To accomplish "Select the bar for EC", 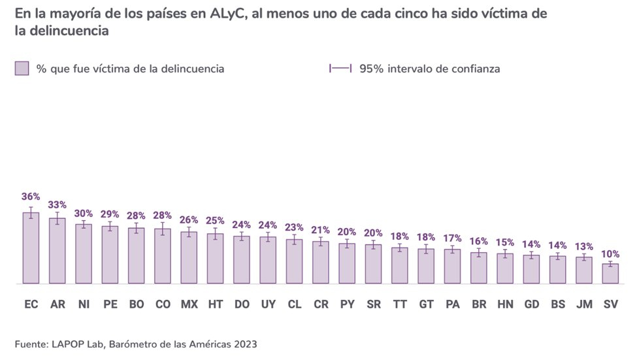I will [31, 248].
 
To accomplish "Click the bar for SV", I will [610, 274].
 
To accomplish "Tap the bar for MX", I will [189, 258].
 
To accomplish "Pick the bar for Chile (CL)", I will [294, 261].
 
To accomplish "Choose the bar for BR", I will [479, 268].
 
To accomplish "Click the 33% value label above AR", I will [57, 205].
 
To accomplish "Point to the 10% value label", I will [610, 254].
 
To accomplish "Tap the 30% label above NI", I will [84, 213].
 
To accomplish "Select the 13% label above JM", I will [584, 246].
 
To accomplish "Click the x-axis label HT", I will [215, 304].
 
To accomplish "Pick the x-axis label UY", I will [268, 304].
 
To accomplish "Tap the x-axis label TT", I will [400, 304].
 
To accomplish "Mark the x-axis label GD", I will [532, 304].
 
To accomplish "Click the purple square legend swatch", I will [22, 69].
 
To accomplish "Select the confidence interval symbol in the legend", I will [341, 69].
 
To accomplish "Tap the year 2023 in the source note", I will [243, 343].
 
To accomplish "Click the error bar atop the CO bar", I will [163, 229].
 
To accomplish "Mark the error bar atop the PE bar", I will [110, 226].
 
